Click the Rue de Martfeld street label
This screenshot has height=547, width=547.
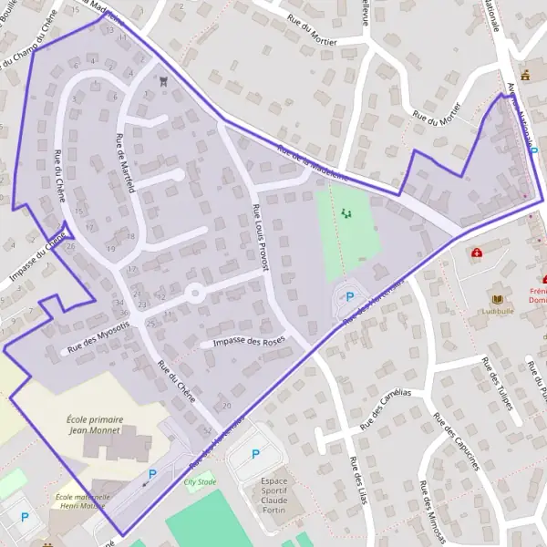125,163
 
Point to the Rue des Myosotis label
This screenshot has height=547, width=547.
98,337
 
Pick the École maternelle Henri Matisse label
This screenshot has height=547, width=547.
82,502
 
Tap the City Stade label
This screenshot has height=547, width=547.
201,480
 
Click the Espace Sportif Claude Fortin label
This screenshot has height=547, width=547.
273,495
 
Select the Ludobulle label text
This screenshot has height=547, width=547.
499,310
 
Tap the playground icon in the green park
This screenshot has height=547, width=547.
346,213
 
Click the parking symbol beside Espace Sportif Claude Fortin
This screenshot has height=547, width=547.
255,454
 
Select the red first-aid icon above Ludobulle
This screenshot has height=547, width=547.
476,253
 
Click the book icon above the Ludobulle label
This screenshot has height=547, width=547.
497,298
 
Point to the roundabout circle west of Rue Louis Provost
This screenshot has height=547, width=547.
194,294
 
